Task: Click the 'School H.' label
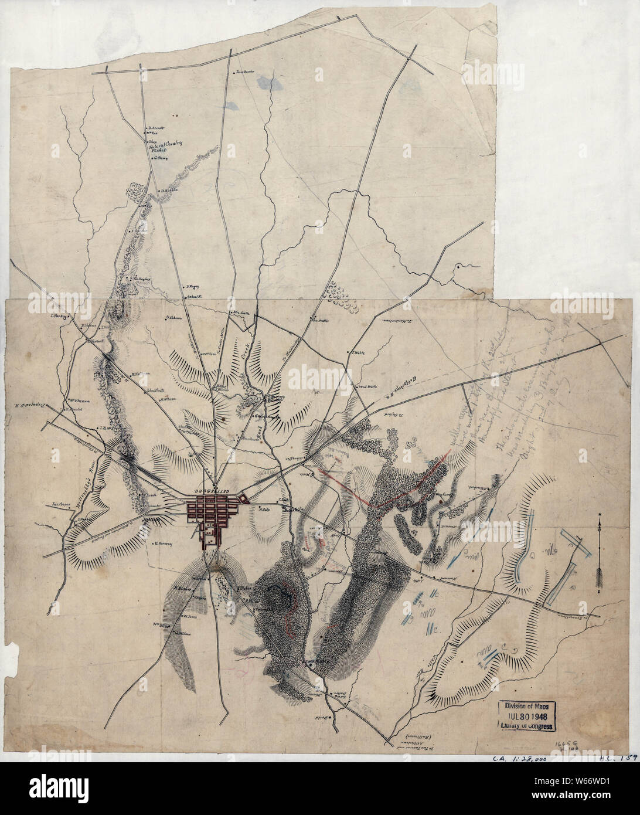click(195, 297)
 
